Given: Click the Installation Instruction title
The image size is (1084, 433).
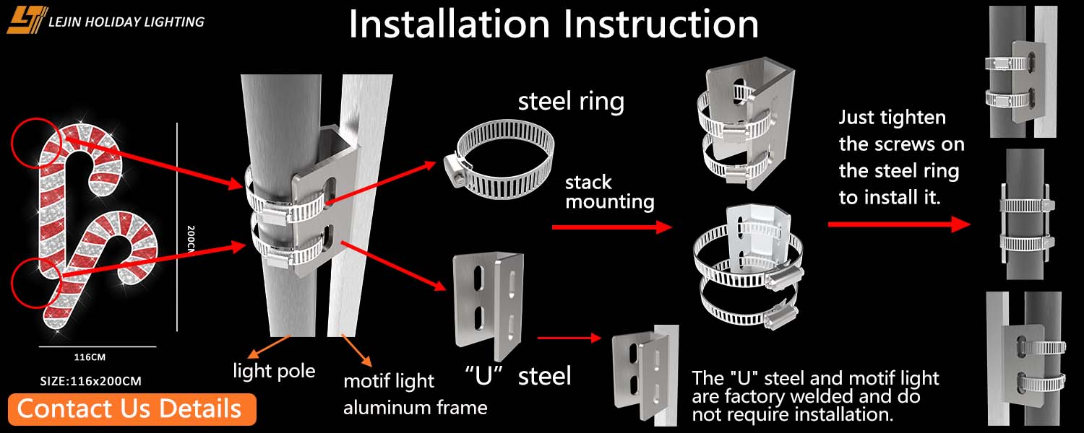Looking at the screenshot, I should [x=554, y=24].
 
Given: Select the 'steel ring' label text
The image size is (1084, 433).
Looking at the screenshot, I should [x=571, y=101].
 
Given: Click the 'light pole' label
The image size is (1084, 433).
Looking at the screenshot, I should [x=274, y=371].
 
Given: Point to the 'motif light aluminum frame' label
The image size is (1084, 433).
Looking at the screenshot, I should [x=415, y=394].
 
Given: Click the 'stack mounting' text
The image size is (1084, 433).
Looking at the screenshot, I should [x=609, y=192].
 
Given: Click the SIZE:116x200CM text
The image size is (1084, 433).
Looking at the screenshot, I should [x=90, y=380].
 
